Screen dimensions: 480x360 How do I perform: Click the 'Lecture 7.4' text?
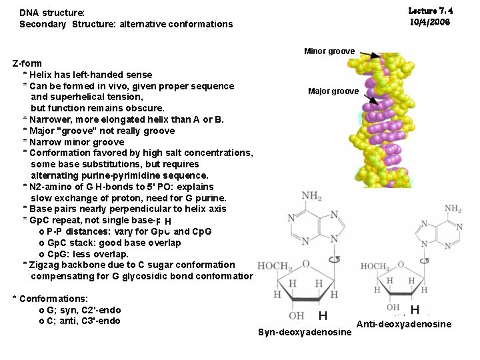430,11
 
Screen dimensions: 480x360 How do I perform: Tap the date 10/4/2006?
430,22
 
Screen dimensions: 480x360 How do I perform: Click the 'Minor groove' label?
329,51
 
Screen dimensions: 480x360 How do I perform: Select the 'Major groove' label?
333,91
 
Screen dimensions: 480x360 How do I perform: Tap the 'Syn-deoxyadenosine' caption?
304,332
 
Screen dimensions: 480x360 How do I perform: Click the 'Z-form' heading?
27,64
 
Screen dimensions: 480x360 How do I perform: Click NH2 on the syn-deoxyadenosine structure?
311,197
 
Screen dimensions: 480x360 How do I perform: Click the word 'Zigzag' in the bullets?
47,265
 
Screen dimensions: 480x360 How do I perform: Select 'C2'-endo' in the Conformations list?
100,311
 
